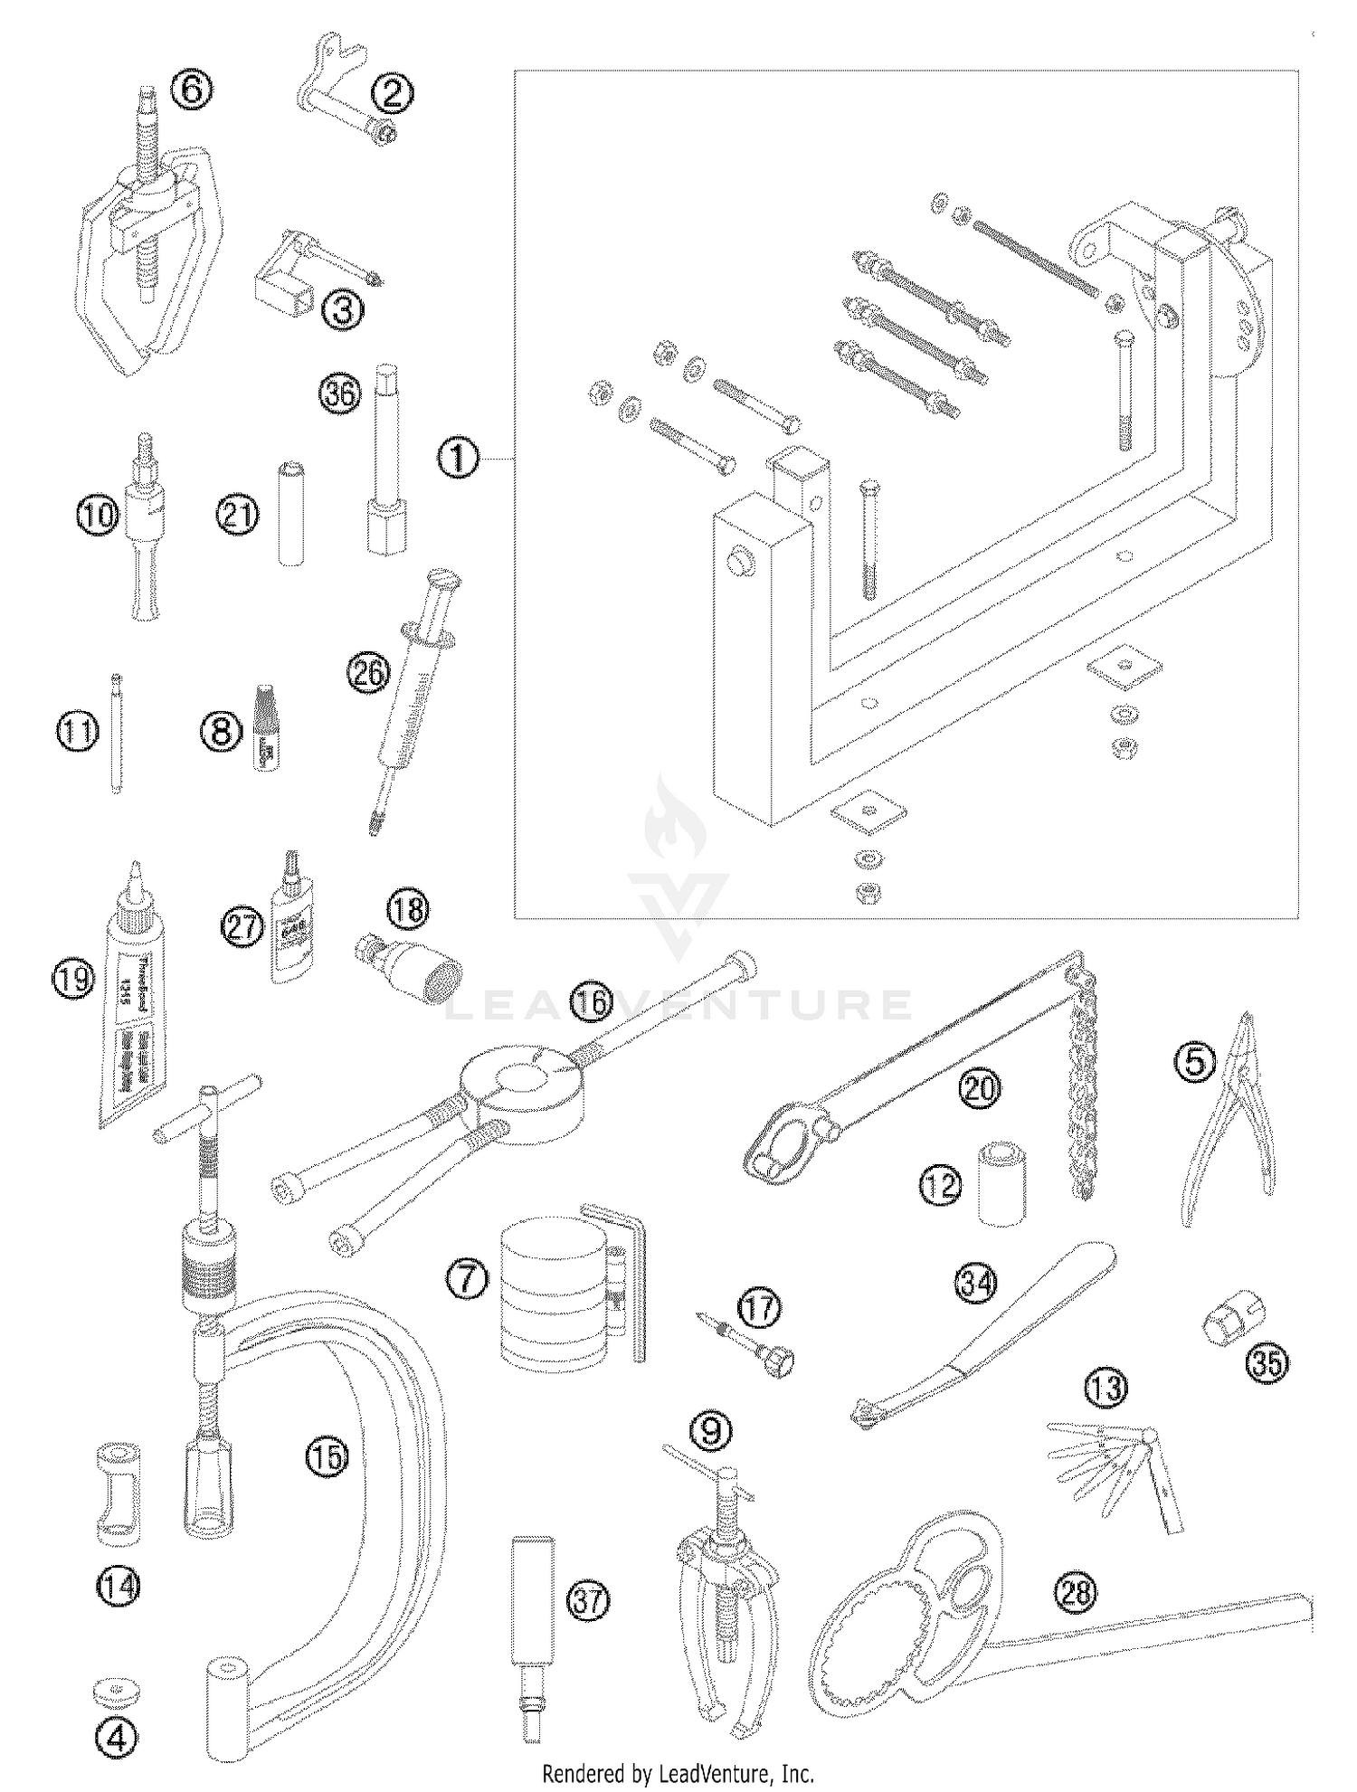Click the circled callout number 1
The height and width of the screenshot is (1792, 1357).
[x=459, y=460]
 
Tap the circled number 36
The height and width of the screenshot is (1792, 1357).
[x=339, y=394]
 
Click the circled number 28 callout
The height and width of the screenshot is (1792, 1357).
[x=1077, y=1592]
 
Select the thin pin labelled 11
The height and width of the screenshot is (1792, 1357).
[x=116, y=735]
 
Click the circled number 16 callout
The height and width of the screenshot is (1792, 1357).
[x=591, y=1003]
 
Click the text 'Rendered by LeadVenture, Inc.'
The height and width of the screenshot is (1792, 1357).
[x=678, y=1772]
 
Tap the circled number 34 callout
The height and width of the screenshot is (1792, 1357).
[x=975, y=1283]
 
